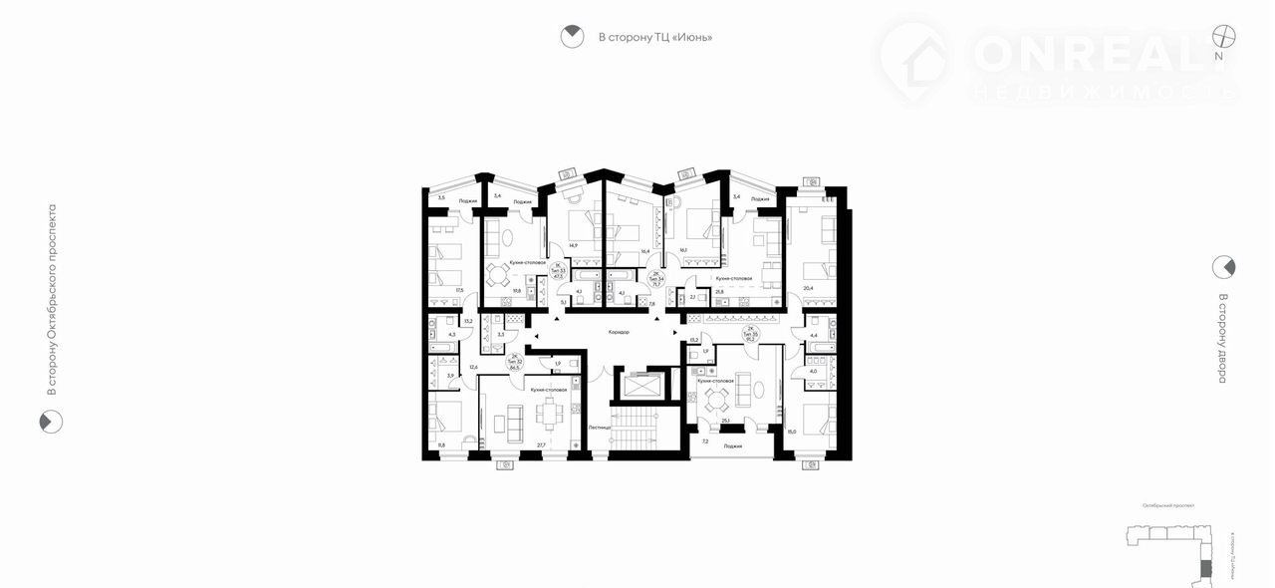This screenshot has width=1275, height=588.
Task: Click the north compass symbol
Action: click(x=1223, y=35)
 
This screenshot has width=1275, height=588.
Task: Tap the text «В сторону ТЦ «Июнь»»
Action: click(x=654, y=38)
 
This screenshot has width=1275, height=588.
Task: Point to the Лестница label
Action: click(x=600, y=427)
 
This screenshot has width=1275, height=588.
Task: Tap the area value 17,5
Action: click(x=459, y=290)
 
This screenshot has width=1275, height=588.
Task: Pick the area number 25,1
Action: click(x=726, y=421)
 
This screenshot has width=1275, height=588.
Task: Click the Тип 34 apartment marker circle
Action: click(x=655, y=278)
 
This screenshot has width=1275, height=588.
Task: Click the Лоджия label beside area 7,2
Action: click(x=733, y=446)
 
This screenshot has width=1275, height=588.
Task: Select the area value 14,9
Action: click(x=573, y=245)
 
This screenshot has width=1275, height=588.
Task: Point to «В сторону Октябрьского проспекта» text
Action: click(x=52, y=300)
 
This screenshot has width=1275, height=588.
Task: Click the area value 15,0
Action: click(x=792, y=432)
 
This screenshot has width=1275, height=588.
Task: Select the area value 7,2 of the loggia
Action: click(x=705, y=441)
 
